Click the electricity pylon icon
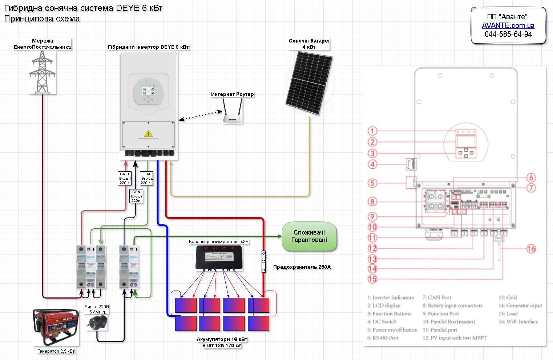[x=42, y=72]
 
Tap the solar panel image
[x=308, y=83]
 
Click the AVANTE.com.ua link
[x=508, y=25]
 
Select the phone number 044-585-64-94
[x=508, y=34]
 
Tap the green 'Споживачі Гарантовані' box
[x=310, y=236]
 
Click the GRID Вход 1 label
[x=125, y=178]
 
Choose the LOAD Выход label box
[x=146, y=178]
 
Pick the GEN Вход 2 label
[x=136, y=196]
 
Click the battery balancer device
[x=219, y=257]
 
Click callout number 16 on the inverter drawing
[x=531, y=249]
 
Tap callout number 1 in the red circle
[x=372, y=131]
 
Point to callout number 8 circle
[x=372, y=201]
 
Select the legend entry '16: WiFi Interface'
[x=518, y=322]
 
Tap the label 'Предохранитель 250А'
[x=302, y=267]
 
